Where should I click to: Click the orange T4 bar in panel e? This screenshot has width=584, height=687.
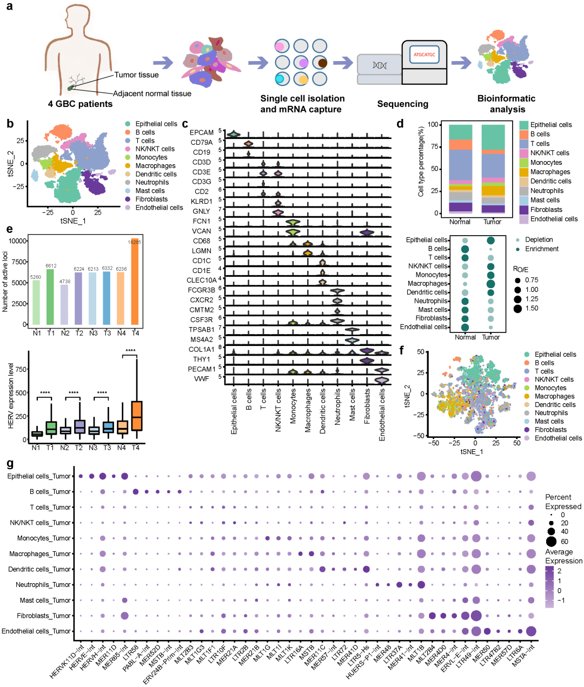(x=135, y=281)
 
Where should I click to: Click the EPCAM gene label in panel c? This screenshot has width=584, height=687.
(x=202, y=132)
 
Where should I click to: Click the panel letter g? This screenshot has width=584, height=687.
(x=10, y=464)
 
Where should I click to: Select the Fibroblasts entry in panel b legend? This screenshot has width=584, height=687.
(x=151, y=199)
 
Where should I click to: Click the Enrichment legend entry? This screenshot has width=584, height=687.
(x=541, y=249)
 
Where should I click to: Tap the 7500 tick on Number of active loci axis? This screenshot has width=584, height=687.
(x=19, y=262)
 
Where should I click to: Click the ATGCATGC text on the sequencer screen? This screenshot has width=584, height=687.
(x=424, y=55)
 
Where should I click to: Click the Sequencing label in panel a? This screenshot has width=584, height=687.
(x=402, y=104)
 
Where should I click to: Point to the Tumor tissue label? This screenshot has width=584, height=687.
(x=136, y=75)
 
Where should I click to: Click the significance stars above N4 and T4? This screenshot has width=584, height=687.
(x=130, y=351)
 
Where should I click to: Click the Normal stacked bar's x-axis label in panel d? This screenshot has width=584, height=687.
(x=460, y=222)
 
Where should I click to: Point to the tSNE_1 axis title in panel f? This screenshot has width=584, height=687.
(x=472, y=451)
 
